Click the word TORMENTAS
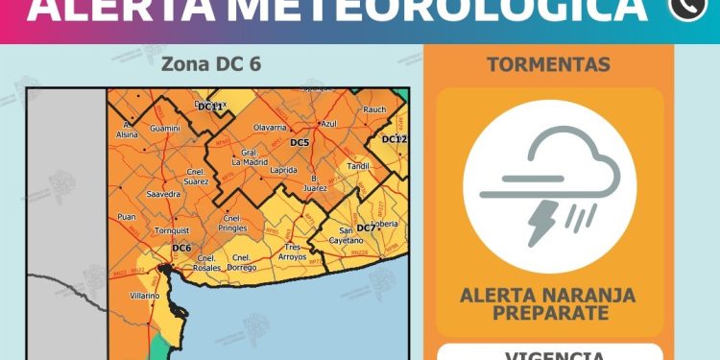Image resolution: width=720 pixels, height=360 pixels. pyautogui.click(x=548, y=65)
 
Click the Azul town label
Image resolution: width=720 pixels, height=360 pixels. pyautogui.click(x=328, y=124)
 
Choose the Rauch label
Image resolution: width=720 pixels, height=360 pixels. pyautogui.click(x=374, y=109)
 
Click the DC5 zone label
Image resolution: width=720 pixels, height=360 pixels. pyautogui.click(x=300, y=143)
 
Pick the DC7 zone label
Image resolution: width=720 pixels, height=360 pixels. pyautogui.click(x=366, y=228)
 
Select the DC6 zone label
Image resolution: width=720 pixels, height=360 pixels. pyautogui.click(x=181, y=248)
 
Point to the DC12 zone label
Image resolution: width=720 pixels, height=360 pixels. pyautogui.click(x=395, y=140)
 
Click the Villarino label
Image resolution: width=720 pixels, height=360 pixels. pyautogui.click(x=145, y=297)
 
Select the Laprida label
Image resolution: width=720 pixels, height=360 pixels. pyautogui.click(x=284, y=169)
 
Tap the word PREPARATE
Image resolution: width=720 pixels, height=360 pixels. pyautogui.click(x=548, y=313)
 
